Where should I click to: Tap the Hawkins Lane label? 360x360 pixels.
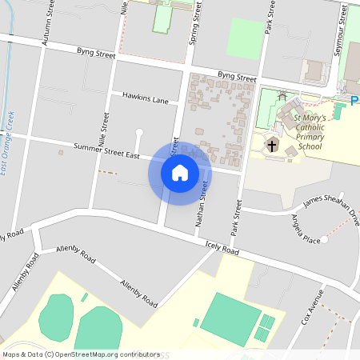click(145, 98)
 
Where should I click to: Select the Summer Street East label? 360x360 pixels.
click(106, 149)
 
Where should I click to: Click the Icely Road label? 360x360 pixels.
click(222, 250)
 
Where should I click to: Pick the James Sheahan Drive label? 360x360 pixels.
click(330, 205)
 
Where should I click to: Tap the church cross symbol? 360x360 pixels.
click(272, 146)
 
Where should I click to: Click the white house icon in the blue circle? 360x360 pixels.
click(180, 173)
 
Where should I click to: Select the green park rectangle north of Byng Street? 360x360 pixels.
click(245, 38)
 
